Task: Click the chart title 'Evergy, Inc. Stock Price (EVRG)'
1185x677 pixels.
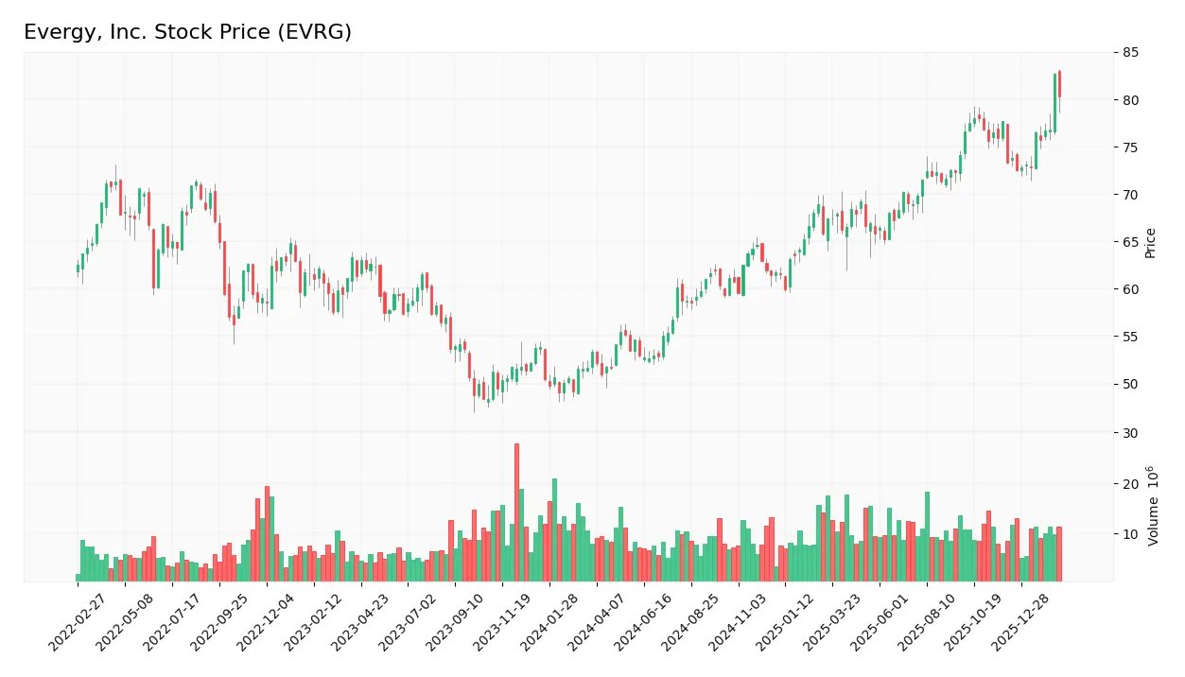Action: (x=187, y=32)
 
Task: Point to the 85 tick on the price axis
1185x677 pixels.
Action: (x=1131, y=53)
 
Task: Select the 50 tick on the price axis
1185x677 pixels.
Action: (x=1131, y=384)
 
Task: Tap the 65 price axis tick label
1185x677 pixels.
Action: (x=1131, y=242)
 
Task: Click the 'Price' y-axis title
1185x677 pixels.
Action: (x=1151, y=243)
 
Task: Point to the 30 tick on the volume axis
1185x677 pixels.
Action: (x=1131, y=433)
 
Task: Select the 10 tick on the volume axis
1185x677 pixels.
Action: (x=1131, y=534)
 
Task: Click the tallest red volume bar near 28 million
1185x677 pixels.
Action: (x=516, y=512)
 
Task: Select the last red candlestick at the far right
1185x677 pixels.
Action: (x=1059, y=84)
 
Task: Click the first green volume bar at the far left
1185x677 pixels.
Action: (x=78, y=577)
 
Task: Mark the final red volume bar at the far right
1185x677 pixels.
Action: (x=1059, y=554)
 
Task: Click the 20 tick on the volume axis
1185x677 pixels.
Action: (x=1131, y=484)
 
